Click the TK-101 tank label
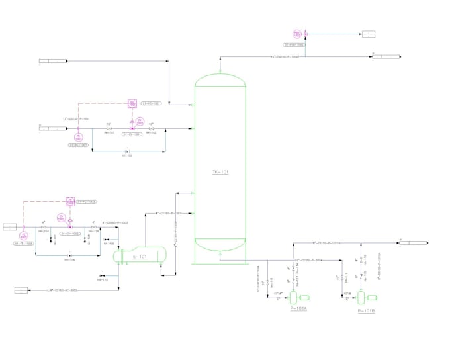pyautogui.click(x=220, y=172)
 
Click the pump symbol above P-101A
pyautogui.click(x=294, y=297)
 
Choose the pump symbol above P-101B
pyautogui.click(x=361, y=297)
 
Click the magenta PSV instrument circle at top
pyautogui.click(x=298, y=34)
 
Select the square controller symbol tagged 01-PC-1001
pyautogui.click(x=132, y=103)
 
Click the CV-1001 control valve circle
pyautogui.click(x=140, y=122)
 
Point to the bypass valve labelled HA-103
pyautogui.click(x=126, y=151)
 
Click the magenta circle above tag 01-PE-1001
pyautogui.click(x=77, y=136)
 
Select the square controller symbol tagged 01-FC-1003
pyautogui.click(x=70, y=201)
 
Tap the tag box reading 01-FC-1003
pyautogui.click(x=87, y=201)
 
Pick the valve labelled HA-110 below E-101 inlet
pyautogui.click(x=102, y=275)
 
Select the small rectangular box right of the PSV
pyautogui.click(x=367, y=34)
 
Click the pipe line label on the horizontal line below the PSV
pyautogui.click(x=285, y=58)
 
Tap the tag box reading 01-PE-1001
pyautogui.click(x=78, y=144)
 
